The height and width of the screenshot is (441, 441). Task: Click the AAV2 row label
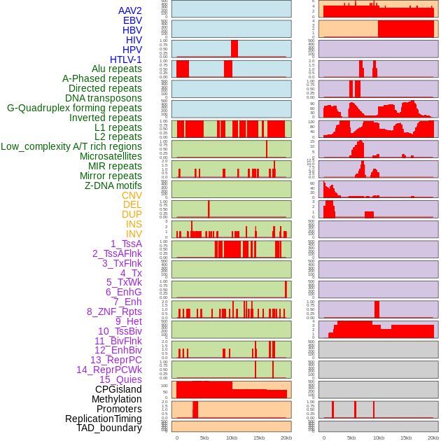tap(130, 10)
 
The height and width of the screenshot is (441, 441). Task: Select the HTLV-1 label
tap(126, 59)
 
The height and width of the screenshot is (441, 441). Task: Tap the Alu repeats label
tap(117, 69)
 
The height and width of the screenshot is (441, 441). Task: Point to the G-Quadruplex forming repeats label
tap(74, 108)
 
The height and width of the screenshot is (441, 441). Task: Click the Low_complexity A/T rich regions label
tap(71, 146)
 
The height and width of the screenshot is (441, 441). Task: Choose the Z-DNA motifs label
tap(113, 185)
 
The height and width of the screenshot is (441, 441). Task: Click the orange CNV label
tap(132, 195)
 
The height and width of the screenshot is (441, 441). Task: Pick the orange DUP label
tap(132, 214)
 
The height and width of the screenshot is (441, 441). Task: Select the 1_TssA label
tap(126, 244)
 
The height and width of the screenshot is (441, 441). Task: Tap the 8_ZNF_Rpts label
tap(114, 311)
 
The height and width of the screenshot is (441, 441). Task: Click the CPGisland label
tap(118, 389)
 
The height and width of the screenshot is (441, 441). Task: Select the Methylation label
tap(117, 399)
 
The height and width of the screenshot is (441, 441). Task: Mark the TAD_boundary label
tap(109, 428)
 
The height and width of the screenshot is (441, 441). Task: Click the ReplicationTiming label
tap(104, 419)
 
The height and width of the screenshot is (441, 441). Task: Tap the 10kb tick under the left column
tap(231, 437)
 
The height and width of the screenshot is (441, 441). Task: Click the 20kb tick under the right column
tap(433, 437)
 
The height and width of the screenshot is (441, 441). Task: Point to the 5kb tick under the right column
tap(351, 437)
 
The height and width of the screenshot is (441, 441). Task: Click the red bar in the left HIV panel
tap(234, 48)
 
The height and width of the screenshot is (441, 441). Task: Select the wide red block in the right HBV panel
tap(405, 29)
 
